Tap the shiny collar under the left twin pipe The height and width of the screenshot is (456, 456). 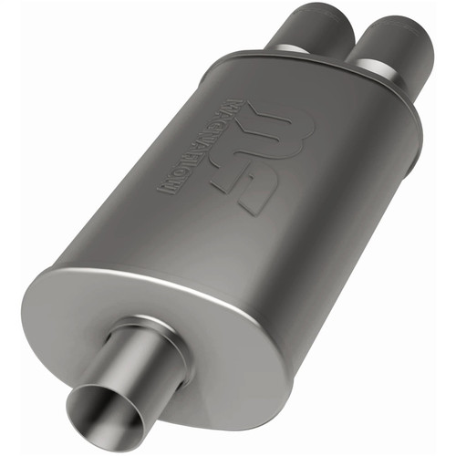295,49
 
